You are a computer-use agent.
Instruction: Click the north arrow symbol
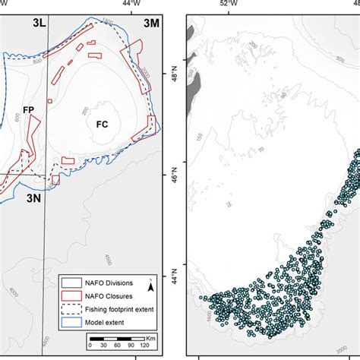(x=150, y=287)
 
